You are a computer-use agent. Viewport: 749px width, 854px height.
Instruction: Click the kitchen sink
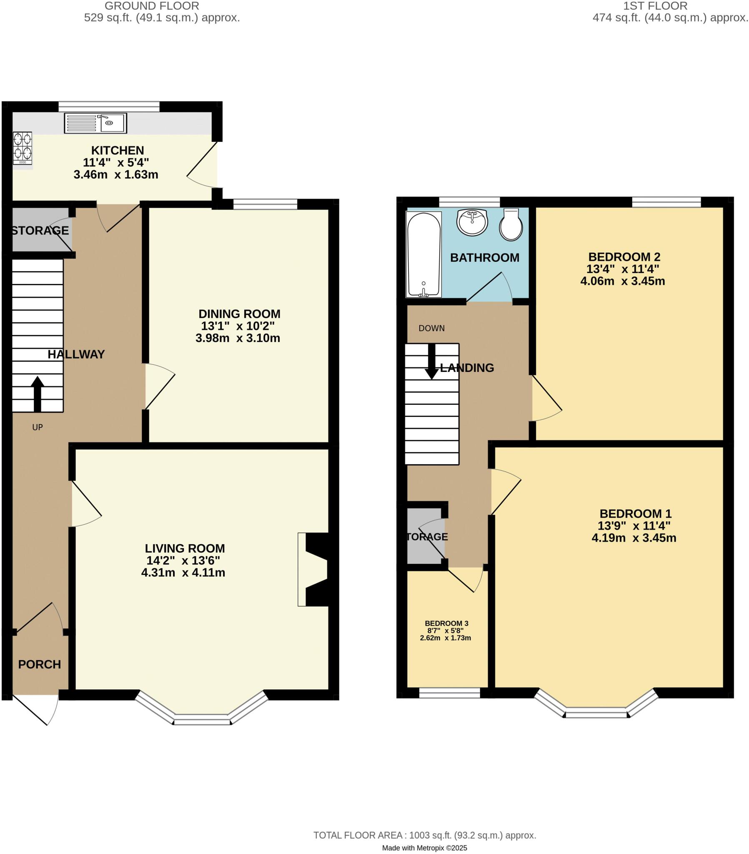95,123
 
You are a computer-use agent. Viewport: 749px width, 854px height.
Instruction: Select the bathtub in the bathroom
423,255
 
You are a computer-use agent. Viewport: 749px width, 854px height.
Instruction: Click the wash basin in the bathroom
472,222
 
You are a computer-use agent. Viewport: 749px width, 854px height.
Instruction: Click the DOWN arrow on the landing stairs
431,361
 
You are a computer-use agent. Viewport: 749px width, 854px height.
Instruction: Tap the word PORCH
40,664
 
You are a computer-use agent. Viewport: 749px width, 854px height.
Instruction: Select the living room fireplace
313,569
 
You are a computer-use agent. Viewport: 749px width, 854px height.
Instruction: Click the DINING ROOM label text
239,314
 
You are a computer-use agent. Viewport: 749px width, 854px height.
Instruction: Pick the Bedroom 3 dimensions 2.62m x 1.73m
445,638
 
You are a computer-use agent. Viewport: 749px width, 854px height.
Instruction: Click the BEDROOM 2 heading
624,256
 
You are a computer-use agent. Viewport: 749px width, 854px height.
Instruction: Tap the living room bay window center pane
202,719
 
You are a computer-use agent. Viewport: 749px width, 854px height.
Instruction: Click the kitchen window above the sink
109,106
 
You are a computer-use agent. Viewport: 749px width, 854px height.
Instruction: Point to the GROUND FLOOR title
152,6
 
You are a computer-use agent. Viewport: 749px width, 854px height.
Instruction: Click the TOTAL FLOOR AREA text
424,835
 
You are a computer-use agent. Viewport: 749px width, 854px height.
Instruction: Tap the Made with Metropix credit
424,848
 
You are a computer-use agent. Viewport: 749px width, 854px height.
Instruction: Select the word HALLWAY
76,354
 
